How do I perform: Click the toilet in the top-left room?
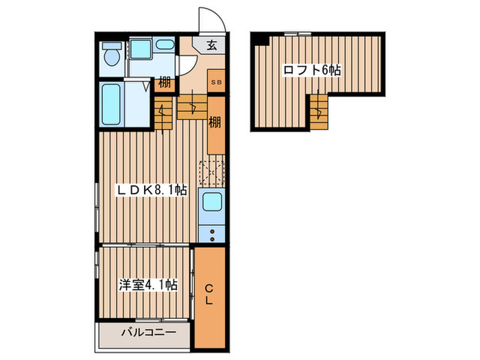click(x=111, y=54)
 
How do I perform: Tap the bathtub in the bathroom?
click(x=111, y=104)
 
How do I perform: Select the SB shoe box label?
click(x=217, y=82)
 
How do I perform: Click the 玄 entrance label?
click(x=211, y=45)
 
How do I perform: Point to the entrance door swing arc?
click(x=219, y=15)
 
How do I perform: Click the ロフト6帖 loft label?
click(x=312, y=71)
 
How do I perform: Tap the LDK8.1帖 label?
click(x=151, y=191)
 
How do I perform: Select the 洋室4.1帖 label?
click(x=148, y=285)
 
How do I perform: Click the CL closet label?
click(x=209, y=294)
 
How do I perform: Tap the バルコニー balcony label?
click(x=149, y=332)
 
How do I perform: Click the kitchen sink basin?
click(x=212, y=202)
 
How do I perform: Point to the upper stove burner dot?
click(x=212, y=232)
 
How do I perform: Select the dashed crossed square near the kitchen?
click(x=212, y=172)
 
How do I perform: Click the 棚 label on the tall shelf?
click(x=215, y=123)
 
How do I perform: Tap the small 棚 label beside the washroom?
click(x=165, y=83)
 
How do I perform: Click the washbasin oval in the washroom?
click(x=165, y=45)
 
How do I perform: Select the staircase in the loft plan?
click(x=319, y=112)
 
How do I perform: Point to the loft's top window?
click(x=298, y=34)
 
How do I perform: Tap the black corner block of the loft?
click(x=261, y=40)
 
